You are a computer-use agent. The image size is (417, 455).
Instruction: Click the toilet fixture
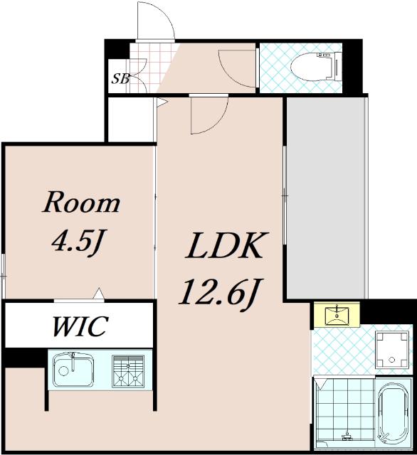[x=316, y=66]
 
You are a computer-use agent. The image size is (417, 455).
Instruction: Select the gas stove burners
[x=128, y=371]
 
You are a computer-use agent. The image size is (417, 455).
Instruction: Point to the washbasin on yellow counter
[x=337, y=314]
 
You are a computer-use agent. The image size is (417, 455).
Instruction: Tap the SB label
[x=120, y=78]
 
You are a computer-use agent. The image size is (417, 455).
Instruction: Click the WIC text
[x=80, y=326]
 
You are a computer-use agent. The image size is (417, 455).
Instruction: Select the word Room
[x=81, y=202]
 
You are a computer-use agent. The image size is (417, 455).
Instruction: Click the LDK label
[x=226, y=245]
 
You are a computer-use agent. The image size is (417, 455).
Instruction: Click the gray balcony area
[x=326, y=198]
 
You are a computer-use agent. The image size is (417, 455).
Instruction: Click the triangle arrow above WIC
[x=99, y=293]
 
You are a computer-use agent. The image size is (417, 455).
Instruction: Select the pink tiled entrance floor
[x=151, y=68]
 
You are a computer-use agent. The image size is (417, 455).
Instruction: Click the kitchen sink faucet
[x=73, y=362]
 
